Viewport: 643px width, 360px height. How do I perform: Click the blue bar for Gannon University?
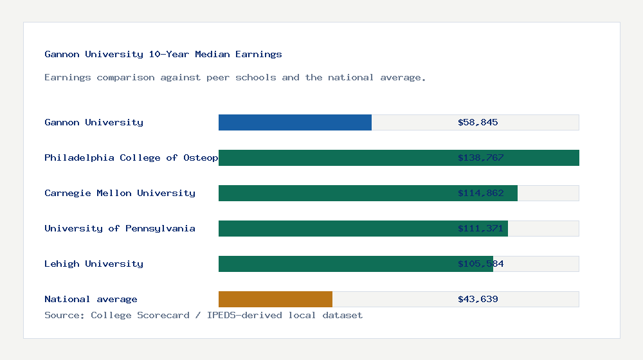[295, 122]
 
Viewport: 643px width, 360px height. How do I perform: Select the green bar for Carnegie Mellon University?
[368, 193]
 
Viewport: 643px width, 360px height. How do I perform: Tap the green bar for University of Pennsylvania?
[363, 228]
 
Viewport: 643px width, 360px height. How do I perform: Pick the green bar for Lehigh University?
[356, 264]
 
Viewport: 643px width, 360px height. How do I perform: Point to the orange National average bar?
[275, 299]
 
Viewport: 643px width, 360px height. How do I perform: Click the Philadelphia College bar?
[399, 157]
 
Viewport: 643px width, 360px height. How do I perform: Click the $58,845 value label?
[478, 122]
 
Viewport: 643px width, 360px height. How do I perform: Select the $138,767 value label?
[480, 157]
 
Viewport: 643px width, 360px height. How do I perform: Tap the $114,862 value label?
[480, 193]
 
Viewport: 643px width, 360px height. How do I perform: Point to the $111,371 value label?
[480, 228]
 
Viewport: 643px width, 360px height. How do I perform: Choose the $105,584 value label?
[480, 264]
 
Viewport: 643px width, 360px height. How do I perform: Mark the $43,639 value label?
[478, 299]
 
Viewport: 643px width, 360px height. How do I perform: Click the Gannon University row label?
[94, 122]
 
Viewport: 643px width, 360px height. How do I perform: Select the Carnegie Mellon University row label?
[120, 193]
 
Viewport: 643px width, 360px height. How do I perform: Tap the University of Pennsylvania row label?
[120, 228]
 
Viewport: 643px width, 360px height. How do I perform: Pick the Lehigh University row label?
[94, 264]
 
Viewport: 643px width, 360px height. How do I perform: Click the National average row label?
[91, 299]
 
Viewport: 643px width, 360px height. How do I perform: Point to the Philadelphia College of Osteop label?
[131, 157]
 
